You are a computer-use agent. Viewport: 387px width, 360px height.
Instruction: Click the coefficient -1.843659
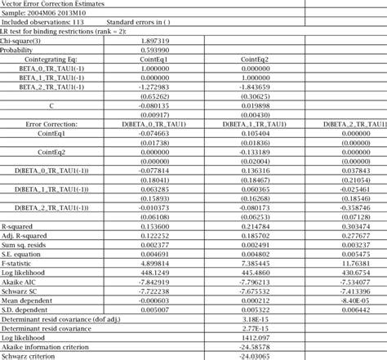click(262, 86)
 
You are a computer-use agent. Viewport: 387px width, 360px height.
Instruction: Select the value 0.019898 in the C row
click(262, 104)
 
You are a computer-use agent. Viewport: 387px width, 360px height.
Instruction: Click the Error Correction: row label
click(51, 122)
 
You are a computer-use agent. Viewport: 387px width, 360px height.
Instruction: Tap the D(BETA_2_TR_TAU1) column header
click(352, 122)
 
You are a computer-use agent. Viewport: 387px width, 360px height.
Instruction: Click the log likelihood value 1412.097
click(262, 336)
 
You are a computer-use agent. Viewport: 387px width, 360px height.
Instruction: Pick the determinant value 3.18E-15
click(262, 318)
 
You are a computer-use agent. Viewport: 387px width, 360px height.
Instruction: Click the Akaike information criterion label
click(46, 346)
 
